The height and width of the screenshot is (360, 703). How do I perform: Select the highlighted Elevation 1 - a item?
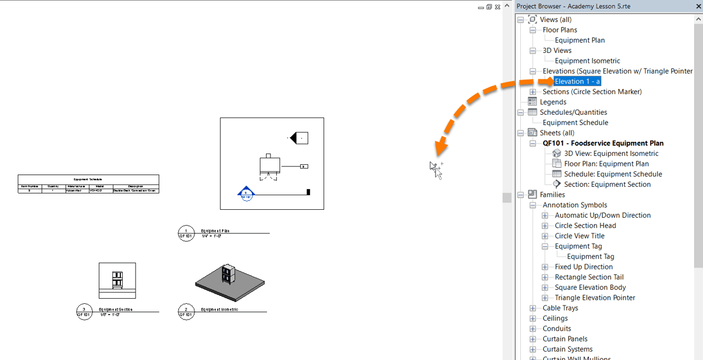(x=577, y=82)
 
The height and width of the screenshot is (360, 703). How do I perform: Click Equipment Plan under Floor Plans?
(x=580, y=40)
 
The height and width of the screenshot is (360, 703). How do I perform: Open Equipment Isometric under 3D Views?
(x=587, y=61)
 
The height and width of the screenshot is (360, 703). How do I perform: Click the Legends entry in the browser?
(x=553, y=102)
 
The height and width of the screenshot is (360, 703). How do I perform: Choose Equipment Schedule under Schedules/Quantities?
(x=575, y=123)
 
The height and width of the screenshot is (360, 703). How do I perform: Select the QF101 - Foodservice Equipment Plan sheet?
(x=603, y=143)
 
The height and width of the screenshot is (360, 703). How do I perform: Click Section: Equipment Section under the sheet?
(x=607, y=184)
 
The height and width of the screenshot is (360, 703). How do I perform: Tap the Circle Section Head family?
(x=585, y=226)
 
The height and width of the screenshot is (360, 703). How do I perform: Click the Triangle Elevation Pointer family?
(x=594, y=298)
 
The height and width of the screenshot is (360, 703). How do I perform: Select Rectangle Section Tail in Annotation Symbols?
(x=589, y=277)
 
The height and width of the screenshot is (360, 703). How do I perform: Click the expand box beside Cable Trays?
(x=533, y=308)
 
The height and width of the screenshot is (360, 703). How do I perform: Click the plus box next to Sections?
(x=533, y=92)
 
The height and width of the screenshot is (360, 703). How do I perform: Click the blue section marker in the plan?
(x=246, y=193)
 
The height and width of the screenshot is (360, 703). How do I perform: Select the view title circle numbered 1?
(x=186, y=233)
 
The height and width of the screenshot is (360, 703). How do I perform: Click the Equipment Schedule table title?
(x=88, y=179)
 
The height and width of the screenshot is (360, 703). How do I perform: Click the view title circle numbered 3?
(x=84, y=311)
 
